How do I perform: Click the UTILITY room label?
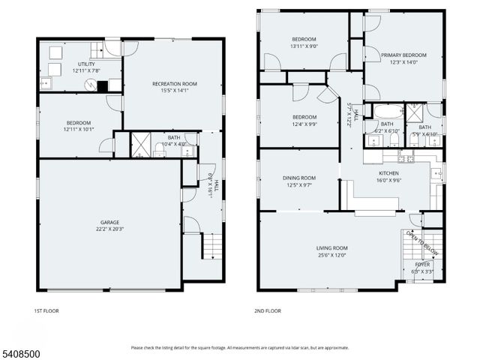click(87, 64)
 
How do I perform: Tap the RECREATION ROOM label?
click(174, 83)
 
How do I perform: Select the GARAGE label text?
click(109, 222)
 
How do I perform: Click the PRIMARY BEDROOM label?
click(403, 55)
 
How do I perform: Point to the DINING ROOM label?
click(298, 178)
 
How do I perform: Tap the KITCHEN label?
click(388, 172)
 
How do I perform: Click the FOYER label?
click(423, 265)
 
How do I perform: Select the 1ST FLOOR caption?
click(46, 310)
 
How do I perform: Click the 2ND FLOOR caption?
click(268, 310)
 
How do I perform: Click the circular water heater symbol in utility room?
click(91, 85)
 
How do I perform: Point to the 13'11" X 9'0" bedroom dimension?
click(304, 46)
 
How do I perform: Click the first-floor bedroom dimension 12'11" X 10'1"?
click(78, 130)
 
